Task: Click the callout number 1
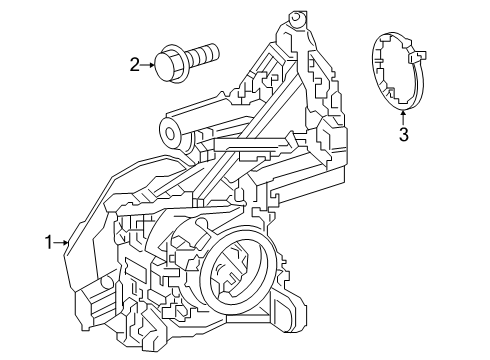48,240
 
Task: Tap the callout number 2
134,66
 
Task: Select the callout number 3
404,135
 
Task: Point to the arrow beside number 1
62,240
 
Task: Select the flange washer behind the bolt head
177,60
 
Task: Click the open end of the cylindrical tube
170,127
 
